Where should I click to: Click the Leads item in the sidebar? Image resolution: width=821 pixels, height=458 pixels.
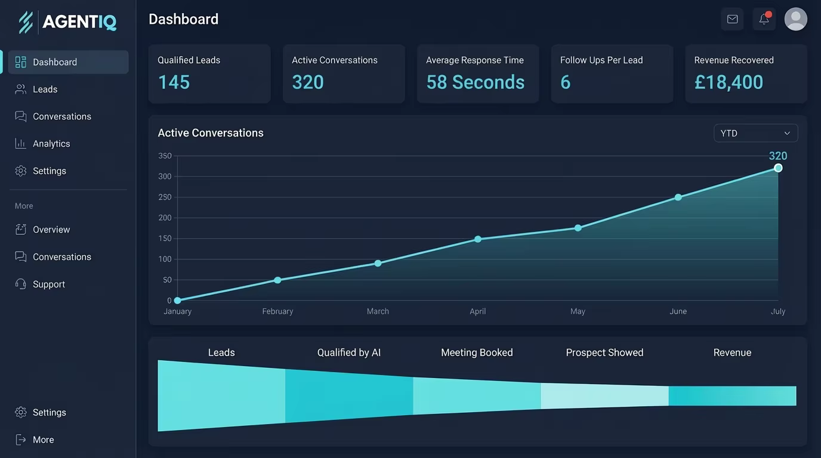pyautogui.click(x=45, y=89)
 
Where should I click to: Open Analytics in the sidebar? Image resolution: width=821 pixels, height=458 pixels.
pyautogui.click(x=51, y=144)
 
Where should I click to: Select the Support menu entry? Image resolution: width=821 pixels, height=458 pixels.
pyautogui.click(x=48, y=284)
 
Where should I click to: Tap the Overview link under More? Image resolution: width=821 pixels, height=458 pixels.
pyautogui.click(x=51, y=230)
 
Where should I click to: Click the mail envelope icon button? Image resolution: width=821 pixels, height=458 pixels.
pyautogui.click(x=732, y=19)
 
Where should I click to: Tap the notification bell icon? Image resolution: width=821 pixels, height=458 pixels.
pyautogui.click(x=764, y=19)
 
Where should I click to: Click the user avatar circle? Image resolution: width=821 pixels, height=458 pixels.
pyautogui.click(x=795, y=19)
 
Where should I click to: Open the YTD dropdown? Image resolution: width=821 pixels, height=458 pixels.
pyautogui.click(x=755, y=133)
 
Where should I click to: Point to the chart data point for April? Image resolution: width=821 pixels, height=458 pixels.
pyautogui.click(x=478, y=239)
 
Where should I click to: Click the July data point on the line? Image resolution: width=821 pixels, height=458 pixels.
pyautogui.click(x=778, y=168)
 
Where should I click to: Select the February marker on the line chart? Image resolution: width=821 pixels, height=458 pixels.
pyautogui.click(x=277, y=280)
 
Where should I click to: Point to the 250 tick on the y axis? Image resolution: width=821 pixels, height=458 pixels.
pyautogui.click(x=165, y=197)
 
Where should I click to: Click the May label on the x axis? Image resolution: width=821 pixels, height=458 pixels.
pyautogui.click(x=578, y=311)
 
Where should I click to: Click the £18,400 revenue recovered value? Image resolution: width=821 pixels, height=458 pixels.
pyautogui.click(x=729, y=82)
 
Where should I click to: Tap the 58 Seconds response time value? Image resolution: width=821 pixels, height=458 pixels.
pyautogui.click(x=475, y=82)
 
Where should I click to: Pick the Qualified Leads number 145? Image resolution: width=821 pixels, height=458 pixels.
pyautogui.click(x=174, y=82)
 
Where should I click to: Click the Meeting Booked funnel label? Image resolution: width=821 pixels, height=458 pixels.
pyautogui.click(x=477, y=352)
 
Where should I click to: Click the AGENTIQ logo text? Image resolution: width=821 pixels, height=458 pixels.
pyautogui.click(x=79, y=22)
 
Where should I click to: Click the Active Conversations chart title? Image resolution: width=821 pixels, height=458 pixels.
pyautogui.click(x=211, y=133)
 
